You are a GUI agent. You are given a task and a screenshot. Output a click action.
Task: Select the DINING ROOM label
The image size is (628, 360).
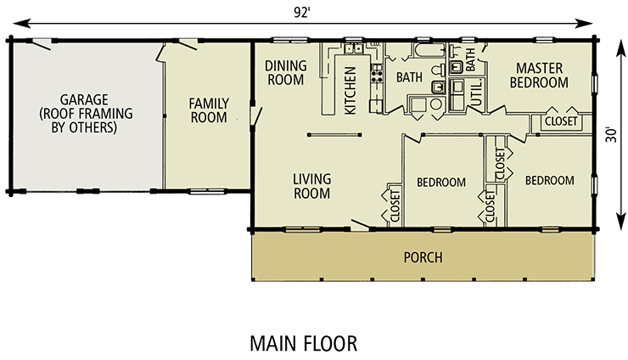(x=285, y=72)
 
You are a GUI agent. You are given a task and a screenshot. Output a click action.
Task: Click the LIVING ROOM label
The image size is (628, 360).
(x=311, y=186)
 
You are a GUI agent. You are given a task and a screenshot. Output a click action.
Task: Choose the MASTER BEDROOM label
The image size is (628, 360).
(x=541, y=75)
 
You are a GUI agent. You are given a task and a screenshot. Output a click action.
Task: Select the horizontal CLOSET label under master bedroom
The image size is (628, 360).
(x=561, y=121)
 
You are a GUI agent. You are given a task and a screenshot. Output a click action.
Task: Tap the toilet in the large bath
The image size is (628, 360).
(x=436, y=87)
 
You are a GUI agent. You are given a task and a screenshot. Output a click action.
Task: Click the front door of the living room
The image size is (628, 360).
(x=360, y=226)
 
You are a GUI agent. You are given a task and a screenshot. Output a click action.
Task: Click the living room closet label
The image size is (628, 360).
(x=395, y=205)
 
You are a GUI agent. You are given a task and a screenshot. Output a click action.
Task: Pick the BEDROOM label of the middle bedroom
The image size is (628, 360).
(x=440, y=183)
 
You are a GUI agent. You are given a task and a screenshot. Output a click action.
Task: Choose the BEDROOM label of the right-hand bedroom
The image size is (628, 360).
(x=549, y=181)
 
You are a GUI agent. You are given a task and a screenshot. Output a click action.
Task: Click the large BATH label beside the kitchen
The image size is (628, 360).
(x=410, y=77)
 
